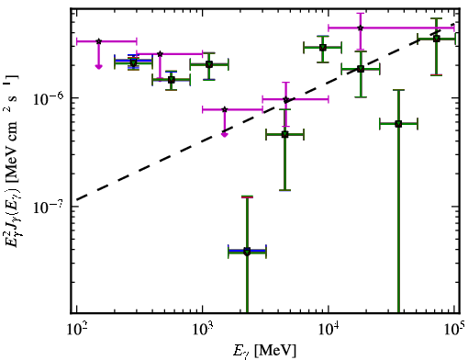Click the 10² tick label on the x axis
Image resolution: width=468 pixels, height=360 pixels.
click(x=77, y=329)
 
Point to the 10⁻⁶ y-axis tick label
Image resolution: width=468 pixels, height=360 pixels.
click(x=48, y=98)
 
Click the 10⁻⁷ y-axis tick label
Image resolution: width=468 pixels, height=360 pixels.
click(x=48, y=207)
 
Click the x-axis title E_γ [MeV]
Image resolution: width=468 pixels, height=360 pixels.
click(x=264, y=351)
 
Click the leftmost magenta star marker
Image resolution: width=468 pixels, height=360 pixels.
click(x=98, y=41)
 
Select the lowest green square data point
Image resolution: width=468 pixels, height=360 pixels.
click(x=247, y=252)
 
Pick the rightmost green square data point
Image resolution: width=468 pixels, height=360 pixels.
click(x=437, y=39)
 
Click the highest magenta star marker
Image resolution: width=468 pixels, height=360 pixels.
click(x=361, y=28)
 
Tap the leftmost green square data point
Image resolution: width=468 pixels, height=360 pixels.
click(x=133, y=63)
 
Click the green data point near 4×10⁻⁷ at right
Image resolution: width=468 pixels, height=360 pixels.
click(x=398, y=124)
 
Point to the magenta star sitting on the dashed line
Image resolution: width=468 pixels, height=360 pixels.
click(x=286, y=99)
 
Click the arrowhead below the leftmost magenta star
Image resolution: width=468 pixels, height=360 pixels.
click(x=98, y=66)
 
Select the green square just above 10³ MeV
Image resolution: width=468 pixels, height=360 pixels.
click(x=209, y=64)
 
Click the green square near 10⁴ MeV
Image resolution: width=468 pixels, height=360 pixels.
click(x=323, y=48)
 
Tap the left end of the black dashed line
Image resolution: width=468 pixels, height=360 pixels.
click(x=76, y=200)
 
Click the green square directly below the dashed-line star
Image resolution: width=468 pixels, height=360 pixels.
click(x=284, y=134)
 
